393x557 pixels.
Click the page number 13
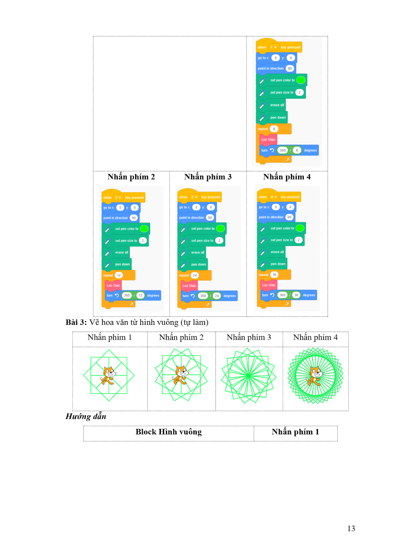[351, 528]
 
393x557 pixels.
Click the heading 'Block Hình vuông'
[169, 432]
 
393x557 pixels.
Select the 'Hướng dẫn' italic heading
[86, 416]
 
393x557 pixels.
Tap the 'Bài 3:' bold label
[76, 322]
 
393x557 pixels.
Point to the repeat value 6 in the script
[274, 129]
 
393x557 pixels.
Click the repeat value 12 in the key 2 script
[119, 275]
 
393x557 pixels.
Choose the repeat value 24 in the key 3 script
[195, 275]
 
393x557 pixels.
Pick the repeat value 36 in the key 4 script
[274, 275]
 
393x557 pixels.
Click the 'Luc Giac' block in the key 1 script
[268, 140]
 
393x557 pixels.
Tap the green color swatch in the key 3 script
[221, 228]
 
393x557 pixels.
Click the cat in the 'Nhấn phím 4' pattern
[314, 376]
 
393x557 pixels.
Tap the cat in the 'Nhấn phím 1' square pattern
[108, 375]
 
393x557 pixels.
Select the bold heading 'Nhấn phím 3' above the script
[208, 177]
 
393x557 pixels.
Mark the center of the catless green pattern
[249, 376]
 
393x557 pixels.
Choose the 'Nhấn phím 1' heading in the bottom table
[295, 432]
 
